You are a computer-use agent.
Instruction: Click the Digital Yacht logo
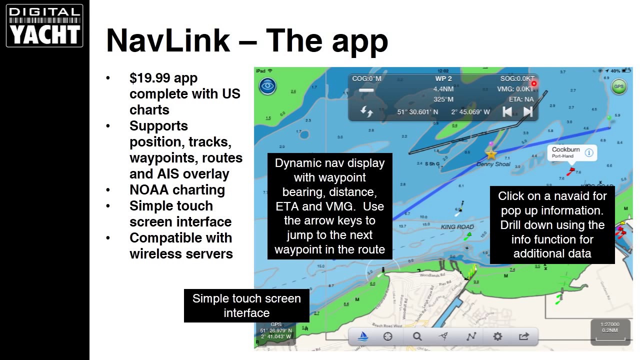pos(44,26)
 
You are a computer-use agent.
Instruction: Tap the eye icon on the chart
pos(267,86)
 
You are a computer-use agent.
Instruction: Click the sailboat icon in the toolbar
pos(363,336)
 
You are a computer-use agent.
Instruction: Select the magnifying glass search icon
pos(417,336)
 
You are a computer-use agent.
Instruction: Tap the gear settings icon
pos(497,336)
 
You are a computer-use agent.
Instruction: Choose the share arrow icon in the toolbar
pos(524,336)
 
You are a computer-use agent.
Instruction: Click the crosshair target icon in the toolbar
pos(388,336)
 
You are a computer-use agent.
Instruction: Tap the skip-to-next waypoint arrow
pos(527,111)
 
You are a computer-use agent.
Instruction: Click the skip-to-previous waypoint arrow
pos(507,111)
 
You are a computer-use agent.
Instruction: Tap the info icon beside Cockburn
pos(589,153)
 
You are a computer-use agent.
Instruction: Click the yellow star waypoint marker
pos(491,154)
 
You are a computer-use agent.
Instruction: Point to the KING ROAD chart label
pos(457,227)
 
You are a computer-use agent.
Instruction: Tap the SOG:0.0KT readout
pos(517,78)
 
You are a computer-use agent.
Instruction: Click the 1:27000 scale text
pos(609,324)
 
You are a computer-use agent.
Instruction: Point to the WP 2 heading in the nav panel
pos(443,78)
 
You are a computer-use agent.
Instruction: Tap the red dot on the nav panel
pos(533,84)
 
